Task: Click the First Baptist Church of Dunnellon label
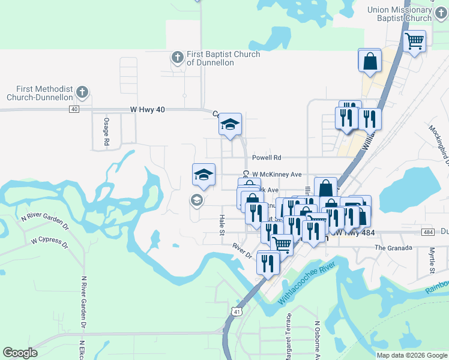tap(223, 58)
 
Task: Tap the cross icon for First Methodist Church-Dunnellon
tap(83, 92)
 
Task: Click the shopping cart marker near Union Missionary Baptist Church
tap(414, 41)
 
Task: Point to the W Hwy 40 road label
tap(147, 110)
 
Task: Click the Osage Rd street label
tap(106, 131)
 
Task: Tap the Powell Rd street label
tap(267, 158)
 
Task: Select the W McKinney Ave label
tap(277, 175)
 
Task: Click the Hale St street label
tap(221, 225)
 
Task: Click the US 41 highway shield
tap(237, 311)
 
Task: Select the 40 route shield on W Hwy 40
tap(74, 109)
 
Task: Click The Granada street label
tap(393, 248)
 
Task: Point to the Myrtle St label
tap(432, 262)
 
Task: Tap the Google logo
tap(20, 353)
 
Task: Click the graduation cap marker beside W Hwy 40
tap(229, 125)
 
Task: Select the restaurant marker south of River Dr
tap(268, 262)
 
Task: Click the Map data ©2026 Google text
tap(412, 355)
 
